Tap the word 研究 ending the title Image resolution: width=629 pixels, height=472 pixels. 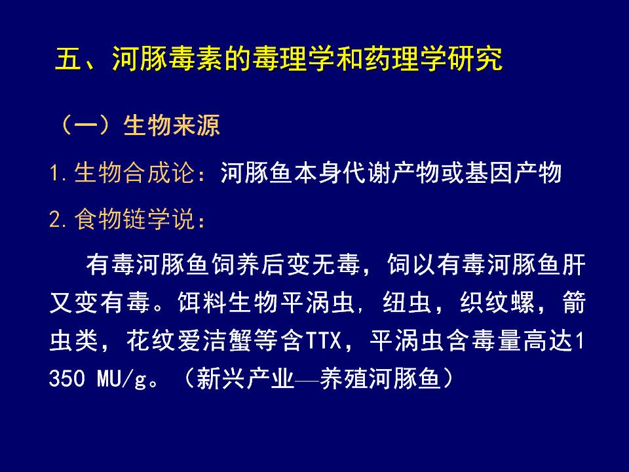(476, 59)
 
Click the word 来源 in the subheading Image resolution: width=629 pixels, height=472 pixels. (196, 125)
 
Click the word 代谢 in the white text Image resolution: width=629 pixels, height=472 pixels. (367, 173)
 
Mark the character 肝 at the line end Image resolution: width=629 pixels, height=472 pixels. (574, 265)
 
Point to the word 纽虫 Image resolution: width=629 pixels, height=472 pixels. (407, 302)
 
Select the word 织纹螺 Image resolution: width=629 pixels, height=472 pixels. (497, 302)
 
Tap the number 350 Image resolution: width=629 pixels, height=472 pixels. (67, 378)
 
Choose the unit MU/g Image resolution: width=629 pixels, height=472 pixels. (121, 379)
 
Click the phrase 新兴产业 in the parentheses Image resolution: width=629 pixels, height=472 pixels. (246, 378)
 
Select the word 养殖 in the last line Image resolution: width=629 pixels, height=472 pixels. (344, 378)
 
